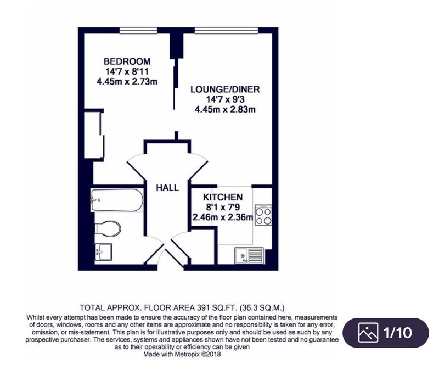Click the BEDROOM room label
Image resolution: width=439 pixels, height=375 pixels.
[127, 61]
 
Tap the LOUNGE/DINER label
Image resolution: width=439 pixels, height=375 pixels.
[225, 89]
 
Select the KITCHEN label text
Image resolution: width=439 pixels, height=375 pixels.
[223, 197]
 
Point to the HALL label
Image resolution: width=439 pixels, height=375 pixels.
[167, 188]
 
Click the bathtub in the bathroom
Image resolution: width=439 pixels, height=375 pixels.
[117, 200]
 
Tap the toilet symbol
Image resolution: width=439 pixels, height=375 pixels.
[108, 228]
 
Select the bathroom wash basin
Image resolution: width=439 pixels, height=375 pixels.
[103, 252]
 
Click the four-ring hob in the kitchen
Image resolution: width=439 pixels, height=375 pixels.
[263, 215]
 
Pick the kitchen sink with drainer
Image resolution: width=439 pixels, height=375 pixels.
[249, 255]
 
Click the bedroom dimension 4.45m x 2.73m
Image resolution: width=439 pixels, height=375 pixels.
[127, 81]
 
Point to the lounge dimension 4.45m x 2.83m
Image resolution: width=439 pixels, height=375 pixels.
[225, 109]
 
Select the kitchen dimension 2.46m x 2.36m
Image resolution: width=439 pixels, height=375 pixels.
[223, 217]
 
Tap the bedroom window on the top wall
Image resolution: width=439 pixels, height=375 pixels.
[138, 30]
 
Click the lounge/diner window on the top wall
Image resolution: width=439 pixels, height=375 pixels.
[226, 30]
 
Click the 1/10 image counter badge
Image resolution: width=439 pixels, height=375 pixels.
[386, 333]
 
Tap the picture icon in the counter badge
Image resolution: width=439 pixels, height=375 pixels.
[368, 332]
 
